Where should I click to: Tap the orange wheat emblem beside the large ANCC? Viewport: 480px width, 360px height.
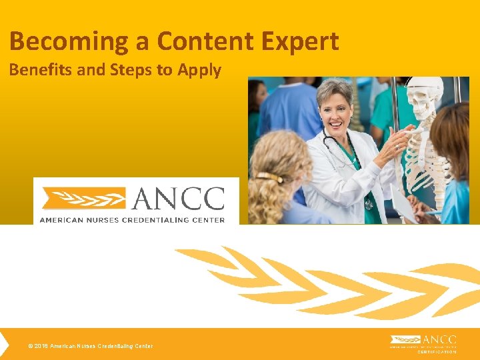[83, 199]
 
